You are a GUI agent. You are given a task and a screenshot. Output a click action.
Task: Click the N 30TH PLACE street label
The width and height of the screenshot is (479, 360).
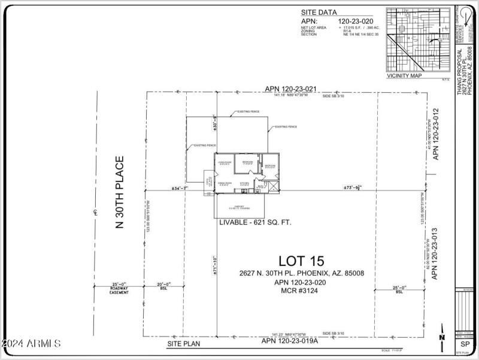click(x=119, y=192)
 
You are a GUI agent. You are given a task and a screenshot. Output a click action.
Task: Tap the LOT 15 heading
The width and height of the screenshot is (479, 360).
click(x=301, y=261)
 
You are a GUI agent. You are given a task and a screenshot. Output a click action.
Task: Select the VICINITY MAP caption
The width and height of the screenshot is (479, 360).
click(x=405, y=76)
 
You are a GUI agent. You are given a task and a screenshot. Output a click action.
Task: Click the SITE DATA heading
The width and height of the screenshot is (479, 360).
click(x=319, y=11)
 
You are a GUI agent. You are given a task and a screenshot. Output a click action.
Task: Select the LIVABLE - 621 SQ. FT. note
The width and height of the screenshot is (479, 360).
click(x=255, y=222)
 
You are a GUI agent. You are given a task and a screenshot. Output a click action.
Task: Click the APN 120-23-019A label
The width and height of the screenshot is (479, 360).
click(x=290, y=341)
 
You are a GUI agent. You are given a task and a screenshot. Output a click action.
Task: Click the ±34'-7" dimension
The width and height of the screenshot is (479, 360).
click(x=180, y=188)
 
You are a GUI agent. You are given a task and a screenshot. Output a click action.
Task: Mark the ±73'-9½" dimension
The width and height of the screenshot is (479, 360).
click(x=352, y=188)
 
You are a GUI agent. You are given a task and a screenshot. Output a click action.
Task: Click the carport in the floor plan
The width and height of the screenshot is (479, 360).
click(x=239, y=207)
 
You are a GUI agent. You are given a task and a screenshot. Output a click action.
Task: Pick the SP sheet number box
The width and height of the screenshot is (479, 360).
click(x=464, y=344)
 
